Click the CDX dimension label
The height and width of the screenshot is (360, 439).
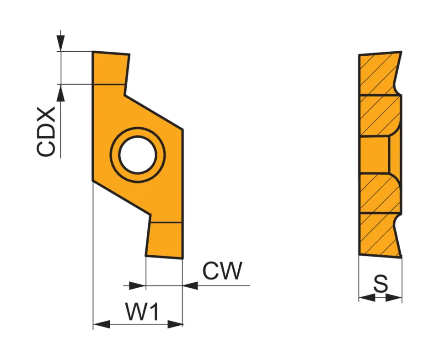point(47,133)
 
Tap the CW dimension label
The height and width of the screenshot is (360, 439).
point(222,271)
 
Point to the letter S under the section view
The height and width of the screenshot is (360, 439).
point(380,284)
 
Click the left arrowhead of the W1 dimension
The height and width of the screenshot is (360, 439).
point(102,324)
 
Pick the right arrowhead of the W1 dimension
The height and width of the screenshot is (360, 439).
point(175,324)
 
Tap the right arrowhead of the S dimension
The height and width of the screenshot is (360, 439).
point(394,298)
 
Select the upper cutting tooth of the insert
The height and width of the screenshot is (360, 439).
point(110,68)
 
